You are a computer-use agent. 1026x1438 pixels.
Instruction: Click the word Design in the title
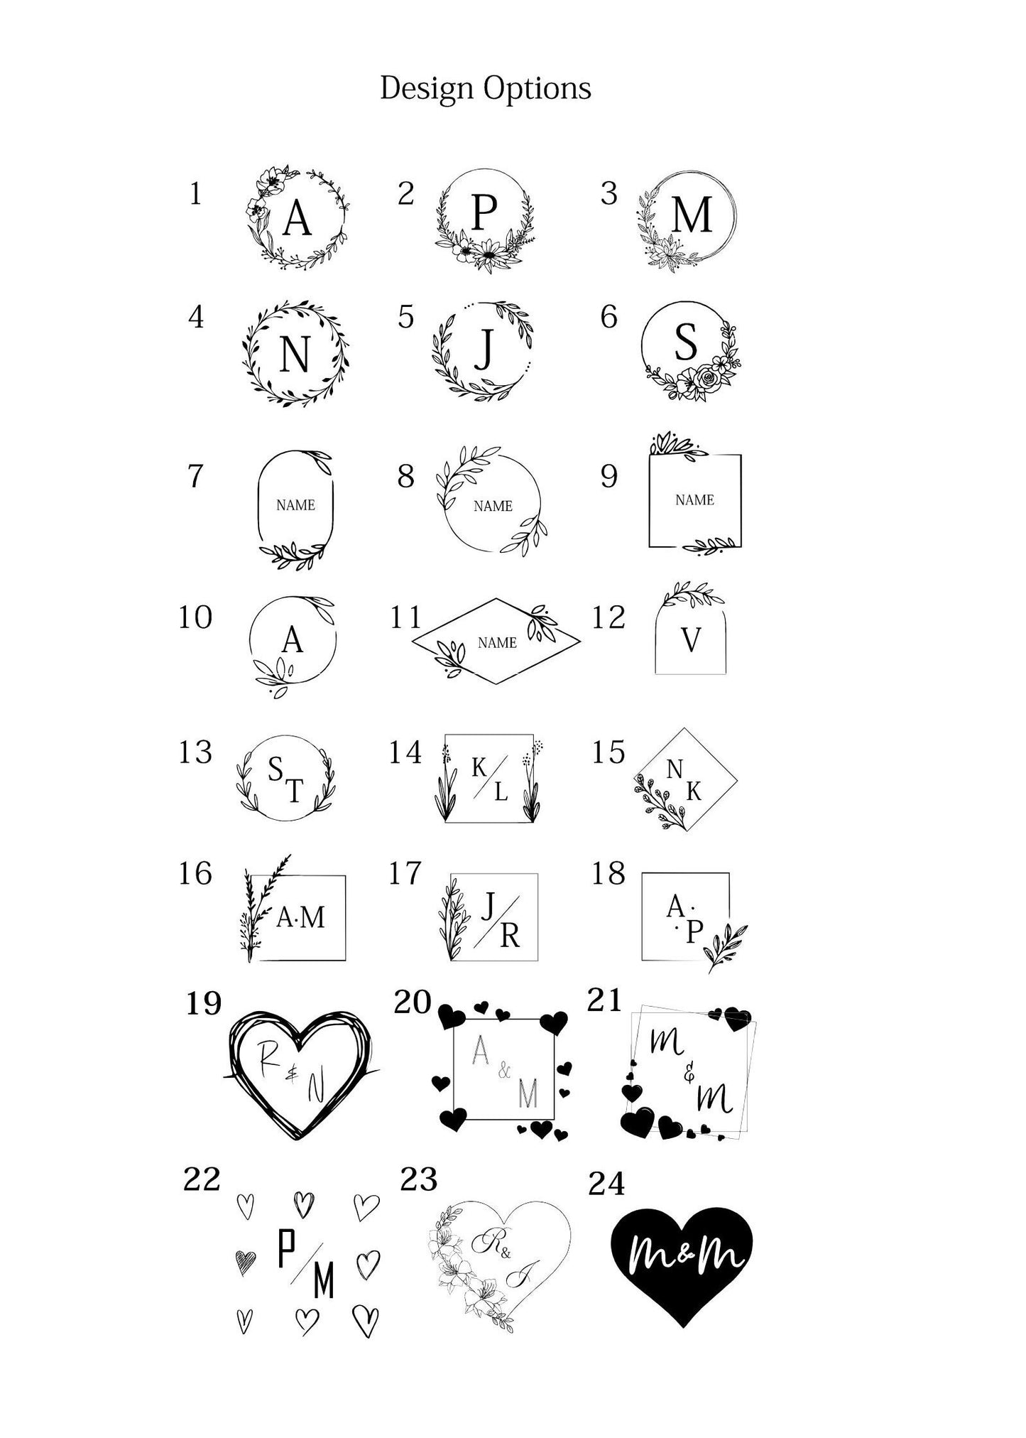pyautogui.click(x=427, y=88)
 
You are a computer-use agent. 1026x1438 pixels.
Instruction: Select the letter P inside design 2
pyautogui.click(x=484, y=211)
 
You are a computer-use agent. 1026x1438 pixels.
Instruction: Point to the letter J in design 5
pyautogui.click(x=484, y=349)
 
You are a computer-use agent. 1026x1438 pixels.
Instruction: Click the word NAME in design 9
pyautogui.click(x=694, y=500)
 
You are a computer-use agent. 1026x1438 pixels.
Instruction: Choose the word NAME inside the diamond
pyautogui.click(x=497, y=643)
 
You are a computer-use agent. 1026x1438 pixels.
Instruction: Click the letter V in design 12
pyautogui.click(x=691, y=640)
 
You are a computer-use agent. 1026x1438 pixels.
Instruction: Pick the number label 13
pyautogui.click(x=195, y=752)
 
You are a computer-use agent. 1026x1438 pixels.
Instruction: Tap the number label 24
pyautogui.click(x=606, y=1184)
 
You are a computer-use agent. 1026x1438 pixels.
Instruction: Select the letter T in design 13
pyautogui.click(x=294, y=790)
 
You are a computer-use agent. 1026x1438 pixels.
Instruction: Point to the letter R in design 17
pyautogui.click(x=510, y=936)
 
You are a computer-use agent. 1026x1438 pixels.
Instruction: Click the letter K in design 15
pyautogui.click(x=694, y=791)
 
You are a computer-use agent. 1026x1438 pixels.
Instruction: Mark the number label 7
pyautogui.click(x=195, y=476)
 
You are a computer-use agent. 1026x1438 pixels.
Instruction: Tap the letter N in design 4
pyautogui.click(x=295, y=354)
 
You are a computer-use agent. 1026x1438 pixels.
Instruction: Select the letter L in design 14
pyautogui.click(x=501, y=791)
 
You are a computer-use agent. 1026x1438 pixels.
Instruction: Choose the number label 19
pyautogui.click(x=204, y=1003)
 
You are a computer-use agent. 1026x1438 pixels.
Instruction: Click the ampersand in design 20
pyautogui.click(x=504, y=1070)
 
